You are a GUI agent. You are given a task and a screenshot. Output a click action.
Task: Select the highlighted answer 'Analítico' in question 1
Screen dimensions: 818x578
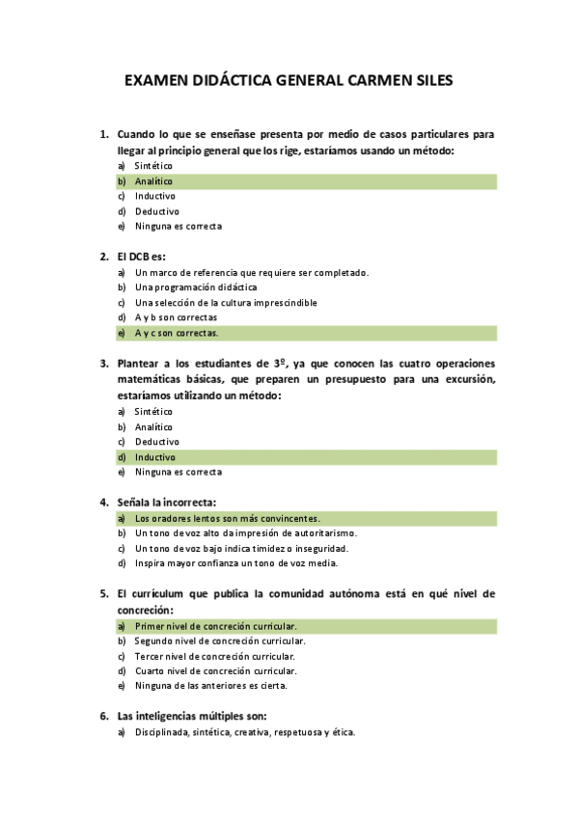pos(153,181)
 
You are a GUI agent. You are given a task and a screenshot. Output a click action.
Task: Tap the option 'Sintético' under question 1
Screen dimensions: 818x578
pos(153,166)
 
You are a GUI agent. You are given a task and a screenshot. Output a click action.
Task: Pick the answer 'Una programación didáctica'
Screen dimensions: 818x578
pos(196,287)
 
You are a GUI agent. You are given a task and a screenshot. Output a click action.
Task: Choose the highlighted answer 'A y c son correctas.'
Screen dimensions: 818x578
pos(177,333)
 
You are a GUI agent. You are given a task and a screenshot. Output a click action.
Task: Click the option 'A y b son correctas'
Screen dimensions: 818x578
pos(176,317)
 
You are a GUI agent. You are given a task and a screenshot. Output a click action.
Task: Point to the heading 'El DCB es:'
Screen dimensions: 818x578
pos(141,257)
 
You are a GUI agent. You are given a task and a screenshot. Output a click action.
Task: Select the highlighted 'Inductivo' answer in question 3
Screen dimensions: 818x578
pos(154,457)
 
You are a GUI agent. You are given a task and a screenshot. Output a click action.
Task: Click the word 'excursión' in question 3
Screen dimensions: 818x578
pos(466,379)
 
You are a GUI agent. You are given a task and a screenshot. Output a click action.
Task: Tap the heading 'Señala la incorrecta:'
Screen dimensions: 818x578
pos(166,502)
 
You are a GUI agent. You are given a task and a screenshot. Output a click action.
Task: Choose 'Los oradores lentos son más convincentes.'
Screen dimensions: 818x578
pos(227,518)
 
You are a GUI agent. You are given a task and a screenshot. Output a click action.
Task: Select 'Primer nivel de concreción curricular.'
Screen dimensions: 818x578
pos(215,626)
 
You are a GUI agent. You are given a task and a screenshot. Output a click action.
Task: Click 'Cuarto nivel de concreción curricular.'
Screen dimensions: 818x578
pos(215,670)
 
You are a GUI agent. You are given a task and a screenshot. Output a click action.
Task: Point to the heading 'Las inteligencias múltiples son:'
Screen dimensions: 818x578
pos(191,716)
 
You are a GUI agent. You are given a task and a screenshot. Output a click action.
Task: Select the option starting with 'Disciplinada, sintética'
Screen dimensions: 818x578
pos(245,732)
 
